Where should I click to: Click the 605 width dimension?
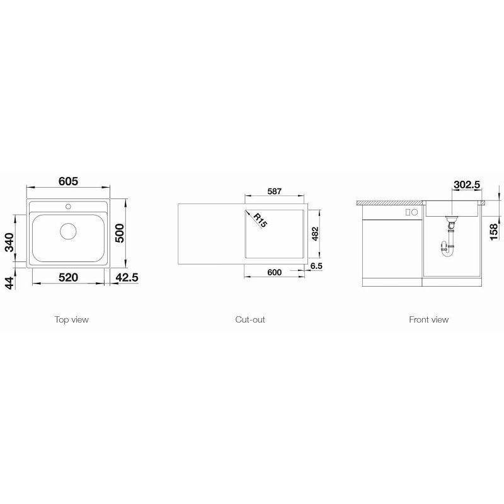[x=68, y=181]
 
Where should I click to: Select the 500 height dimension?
[x=119, y=233]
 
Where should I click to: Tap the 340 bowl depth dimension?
[x=9, y=243]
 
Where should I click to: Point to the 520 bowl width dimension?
[x=68, y=277]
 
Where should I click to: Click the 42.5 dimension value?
[x=127, y=277]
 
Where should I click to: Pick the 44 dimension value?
[x=9, y=283]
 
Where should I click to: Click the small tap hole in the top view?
[x=68, y=207]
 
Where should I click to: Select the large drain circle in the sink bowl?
[x=69, y=231]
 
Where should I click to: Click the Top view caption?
[x=71, y=319]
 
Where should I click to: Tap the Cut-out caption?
[x=250, y=319]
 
